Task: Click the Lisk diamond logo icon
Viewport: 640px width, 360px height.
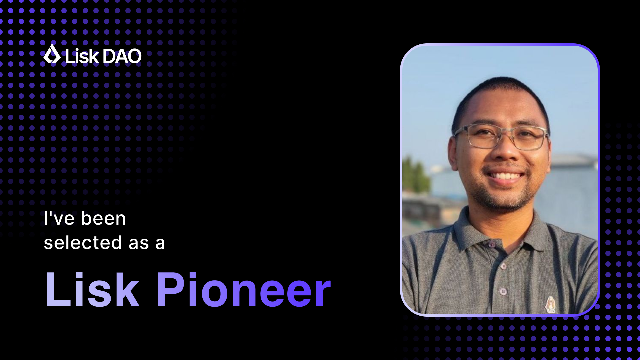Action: (52, 54)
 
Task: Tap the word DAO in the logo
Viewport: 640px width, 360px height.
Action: (122, 56)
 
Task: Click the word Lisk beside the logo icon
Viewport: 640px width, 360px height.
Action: (82, 56)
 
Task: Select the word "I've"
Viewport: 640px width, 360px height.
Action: (59, 219)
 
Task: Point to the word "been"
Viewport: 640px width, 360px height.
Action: (103, 219)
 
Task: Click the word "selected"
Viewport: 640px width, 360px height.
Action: (83, 242)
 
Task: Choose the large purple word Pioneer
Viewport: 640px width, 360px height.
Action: (244, 289)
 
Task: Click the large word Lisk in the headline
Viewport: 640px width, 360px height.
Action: (92, 289)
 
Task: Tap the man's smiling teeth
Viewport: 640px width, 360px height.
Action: (504, 176)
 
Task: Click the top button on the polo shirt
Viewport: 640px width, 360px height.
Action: (492, 245)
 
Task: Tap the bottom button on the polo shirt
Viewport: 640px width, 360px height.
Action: (503, 292)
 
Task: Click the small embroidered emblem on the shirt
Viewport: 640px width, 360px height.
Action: (550, 304)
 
